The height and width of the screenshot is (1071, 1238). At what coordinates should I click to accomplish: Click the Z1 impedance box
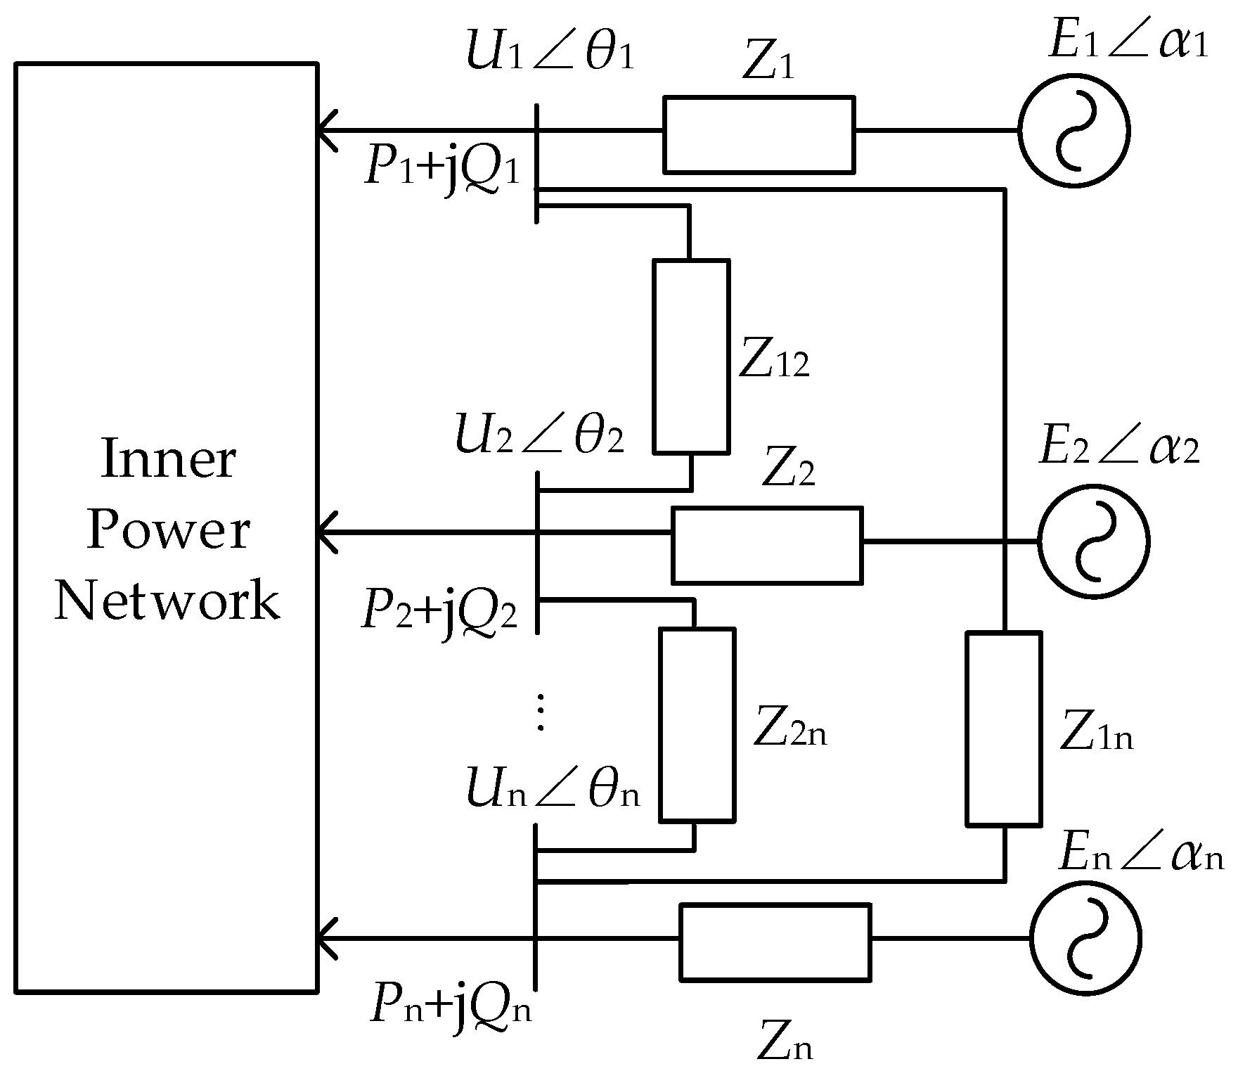pyautogui.click(x=759, y=134)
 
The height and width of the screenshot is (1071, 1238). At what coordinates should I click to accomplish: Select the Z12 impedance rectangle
pyautogui.click(x=691, y=356)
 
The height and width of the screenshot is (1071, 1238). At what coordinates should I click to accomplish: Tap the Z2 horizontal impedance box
pyautogui.click(x=767, y=545)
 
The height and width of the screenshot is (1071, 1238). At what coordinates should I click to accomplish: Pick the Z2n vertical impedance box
pyautogui.click(x=697, y=725)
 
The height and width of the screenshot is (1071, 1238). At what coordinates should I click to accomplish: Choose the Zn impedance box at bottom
pyautogui.click(x=775, y=942)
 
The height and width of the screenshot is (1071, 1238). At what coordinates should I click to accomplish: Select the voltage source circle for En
pyautogui.click(x=1085, y=938)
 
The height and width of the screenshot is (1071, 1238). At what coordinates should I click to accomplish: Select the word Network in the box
pyautogui.click(x=167, y=601)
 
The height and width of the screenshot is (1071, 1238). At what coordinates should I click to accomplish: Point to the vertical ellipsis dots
pyautogui.click(x=540, y=711)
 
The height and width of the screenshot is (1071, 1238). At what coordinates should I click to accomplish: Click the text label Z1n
pyautogui.click(x=1097, y=736)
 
